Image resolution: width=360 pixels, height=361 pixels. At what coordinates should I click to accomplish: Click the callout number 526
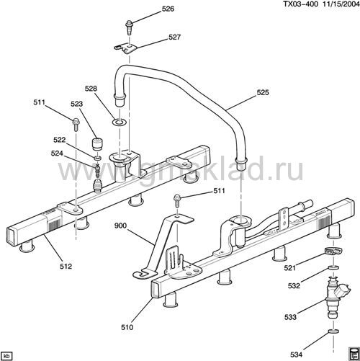[x=168, y=9]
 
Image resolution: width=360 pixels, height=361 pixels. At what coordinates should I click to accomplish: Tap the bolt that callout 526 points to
[x=129, y=28]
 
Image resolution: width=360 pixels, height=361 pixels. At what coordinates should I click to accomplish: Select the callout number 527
[x=174, y=37]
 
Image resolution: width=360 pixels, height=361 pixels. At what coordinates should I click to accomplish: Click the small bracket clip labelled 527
[x=125, y=48]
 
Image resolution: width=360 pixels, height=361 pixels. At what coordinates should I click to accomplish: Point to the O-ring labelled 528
[x=119, y=122]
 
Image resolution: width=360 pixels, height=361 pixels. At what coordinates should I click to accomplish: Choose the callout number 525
[x=263, y=92]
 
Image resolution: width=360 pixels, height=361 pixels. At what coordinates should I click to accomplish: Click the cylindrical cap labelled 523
[x=97, y=144]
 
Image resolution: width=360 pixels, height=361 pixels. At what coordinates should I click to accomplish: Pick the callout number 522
[x=59, y=140]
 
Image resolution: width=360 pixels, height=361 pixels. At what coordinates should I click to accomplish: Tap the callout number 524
[x=57, y=153]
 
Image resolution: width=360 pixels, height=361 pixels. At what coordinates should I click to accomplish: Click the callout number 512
[x=66, y=266]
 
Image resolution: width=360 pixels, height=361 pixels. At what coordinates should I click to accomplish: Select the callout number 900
[x=120, y=226]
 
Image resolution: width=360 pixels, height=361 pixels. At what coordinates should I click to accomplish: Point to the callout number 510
[x=127, y=327]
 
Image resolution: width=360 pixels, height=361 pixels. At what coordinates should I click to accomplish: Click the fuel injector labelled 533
[x=336, y=298]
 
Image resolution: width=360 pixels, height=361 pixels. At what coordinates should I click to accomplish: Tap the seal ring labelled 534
[x=333, y=331]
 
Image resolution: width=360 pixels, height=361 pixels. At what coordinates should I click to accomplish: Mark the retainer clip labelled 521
[x=333, y=251]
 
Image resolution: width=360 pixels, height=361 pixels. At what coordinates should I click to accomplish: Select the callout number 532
[x=294, y=285]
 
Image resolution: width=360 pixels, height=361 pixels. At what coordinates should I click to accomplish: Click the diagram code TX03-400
[x=300, y=4]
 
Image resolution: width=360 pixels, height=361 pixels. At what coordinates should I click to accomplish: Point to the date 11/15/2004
[x=341, y=4]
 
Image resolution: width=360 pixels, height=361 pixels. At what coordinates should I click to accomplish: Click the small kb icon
[x=6, y=356]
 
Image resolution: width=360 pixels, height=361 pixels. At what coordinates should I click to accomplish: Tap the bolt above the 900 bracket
[x=176, y=200]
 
